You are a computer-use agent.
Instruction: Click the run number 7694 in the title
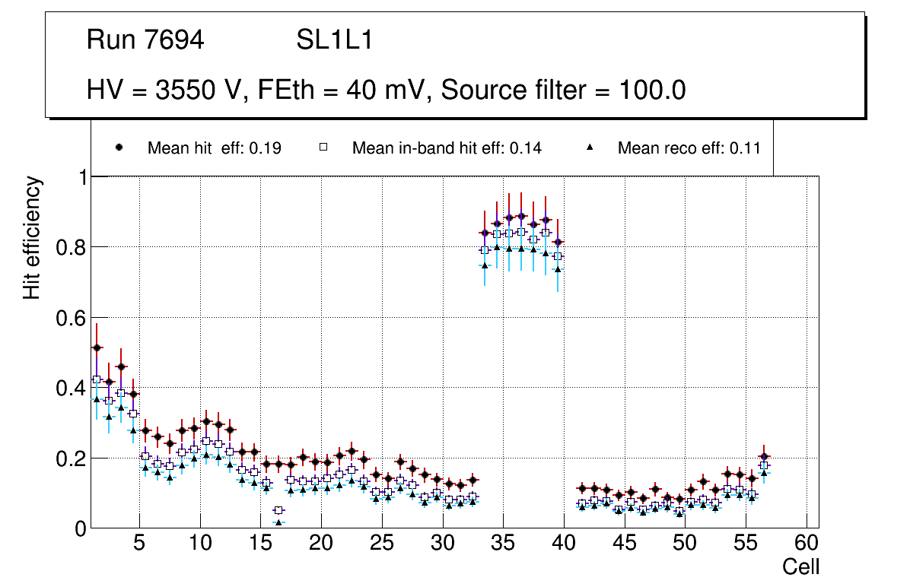point(175,40)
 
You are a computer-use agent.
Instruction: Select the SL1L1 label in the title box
point(334,40)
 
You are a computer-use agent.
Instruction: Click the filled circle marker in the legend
point(119,148)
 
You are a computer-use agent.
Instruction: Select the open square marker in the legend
point(323,148)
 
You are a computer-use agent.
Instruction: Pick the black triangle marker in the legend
point(590,148)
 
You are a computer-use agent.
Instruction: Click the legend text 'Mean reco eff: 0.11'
point(689,148)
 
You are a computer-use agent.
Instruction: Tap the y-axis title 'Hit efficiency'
point(32,237)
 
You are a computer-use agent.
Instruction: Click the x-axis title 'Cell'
point(801,567)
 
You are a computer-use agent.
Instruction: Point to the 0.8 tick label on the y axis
point(72,247)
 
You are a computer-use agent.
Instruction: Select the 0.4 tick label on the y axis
point(72,388)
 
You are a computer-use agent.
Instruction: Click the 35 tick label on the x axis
point(503,544)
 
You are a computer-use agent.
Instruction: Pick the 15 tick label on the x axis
point(260,544)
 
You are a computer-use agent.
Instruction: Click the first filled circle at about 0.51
point(97,347)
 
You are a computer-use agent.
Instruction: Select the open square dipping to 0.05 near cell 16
point(278,510)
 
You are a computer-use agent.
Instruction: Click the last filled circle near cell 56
point(764,456)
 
